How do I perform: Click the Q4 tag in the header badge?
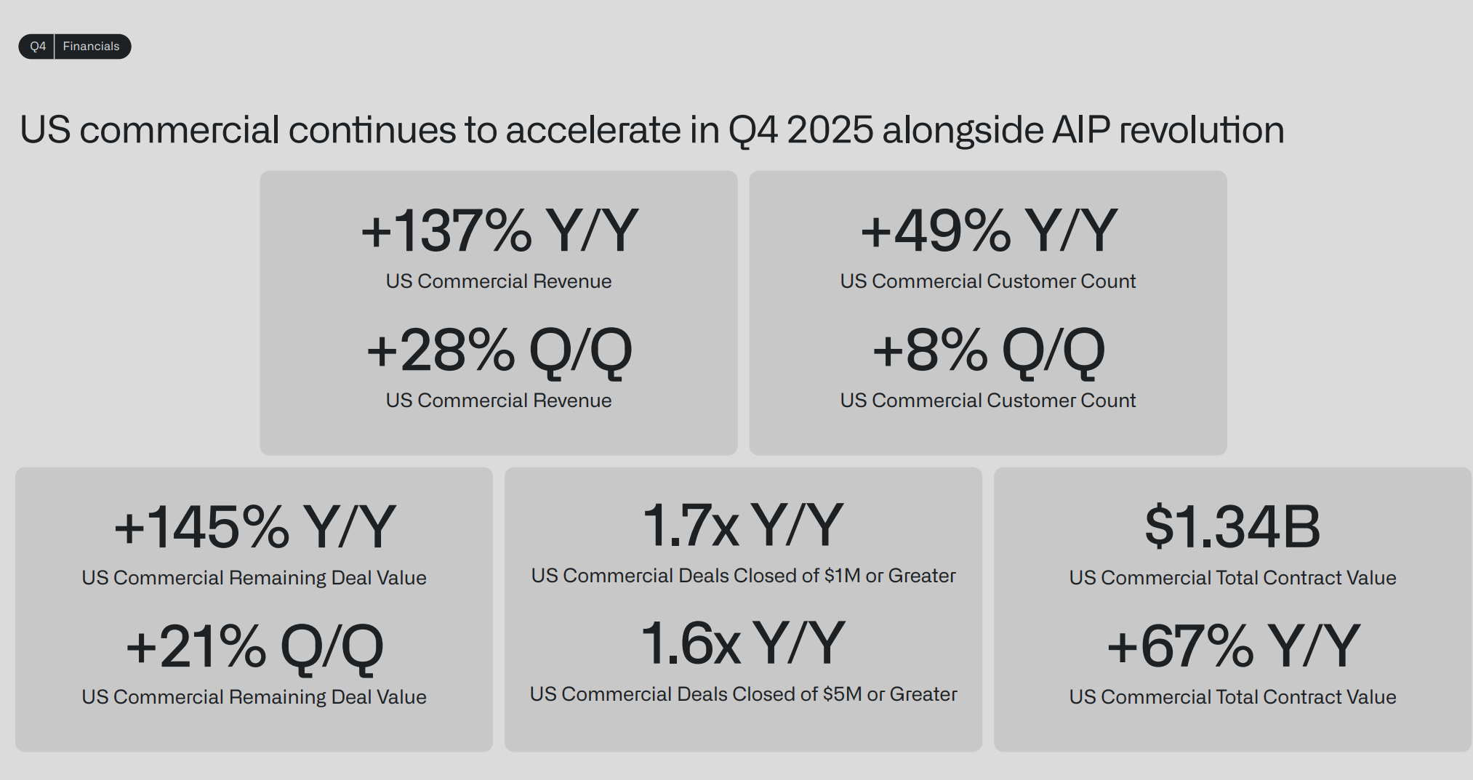tap(38, 47)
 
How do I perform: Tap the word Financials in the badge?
tap(91, 47)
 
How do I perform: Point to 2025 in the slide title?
tap(830, 130)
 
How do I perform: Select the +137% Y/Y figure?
tap(499, 230)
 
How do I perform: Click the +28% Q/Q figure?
tap(499, 351)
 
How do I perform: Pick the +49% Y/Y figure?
tap(989, 230)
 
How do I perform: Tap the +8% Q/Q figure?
tap(989, 351)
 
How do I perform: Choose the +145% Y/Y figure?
tap(255, 527)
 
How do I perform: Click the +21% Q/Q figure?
tap(255, 647)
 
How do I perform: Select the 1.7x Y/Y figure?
tap(743, 524)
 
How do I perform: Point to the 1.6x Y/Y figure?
tap(743, 643)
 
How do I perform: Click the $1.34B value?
tap(1233, 526)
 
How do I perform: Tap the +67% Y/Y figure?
tap(1233, 646)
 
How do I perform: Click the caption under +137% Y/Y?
tap(499, 281)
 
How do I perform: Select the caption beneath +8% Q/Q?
tap(988, 401)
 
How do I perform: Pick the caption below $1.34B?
tap(1233, 578)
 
